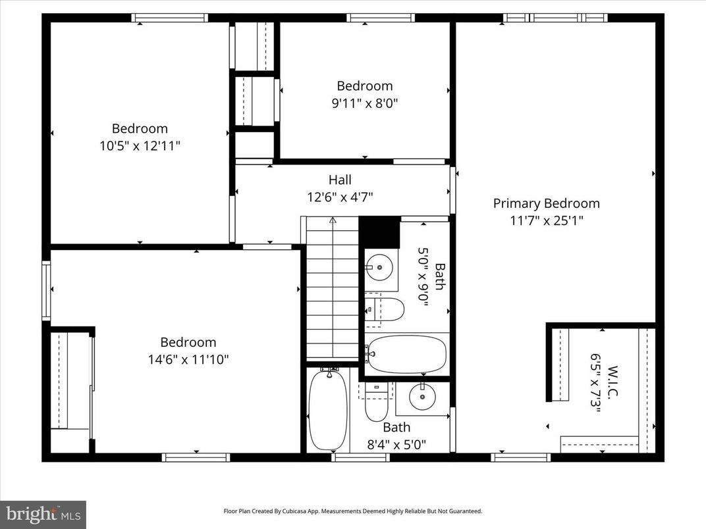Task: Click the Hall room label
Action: point(340,180)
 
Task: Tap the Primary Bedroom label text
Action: point(546,203)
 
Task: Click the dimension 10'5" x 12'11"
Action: point(139,145)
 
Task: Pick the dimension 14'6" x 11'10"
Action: point(188,359)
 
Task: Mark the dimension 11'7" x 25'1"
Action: point(546,220)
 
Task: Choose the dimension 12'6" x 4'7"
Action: point(340,196)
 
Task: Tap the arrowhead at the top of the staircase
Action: point(333,220)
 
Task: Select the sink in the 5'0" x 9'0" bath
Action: point(380,267)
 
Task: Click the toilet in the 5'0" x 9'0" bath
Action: point(385,309)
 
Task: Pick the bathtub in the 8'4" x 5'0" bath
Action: point(328,409)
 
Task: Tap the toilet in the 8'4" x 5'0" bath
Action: point(377,403)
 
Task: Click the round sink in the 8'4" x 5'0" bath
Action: point(421,397)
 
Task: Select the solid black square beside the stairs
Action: point(380,232)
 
